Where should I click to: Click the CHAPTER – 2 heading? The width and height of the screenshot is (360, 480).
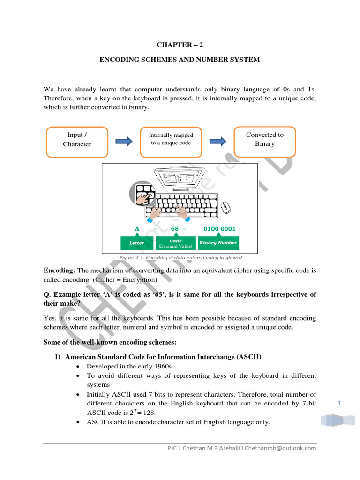[180, 45]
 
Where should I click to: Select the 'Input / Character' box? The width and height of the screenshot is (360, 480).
[77, 139]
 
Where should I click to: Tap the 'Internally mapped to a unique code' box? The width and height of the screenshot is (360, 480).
[171, 139]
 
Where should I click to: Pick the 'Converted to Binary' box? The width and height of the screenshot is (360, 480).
[265, 139]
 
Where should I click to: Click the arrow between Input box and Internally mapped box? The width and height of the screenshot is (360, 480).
[124, 142]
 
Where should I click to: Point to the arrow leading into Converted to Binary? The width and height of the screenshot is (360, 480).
[218, 142]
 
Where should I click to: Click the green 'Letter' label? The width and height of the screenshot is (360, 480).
[137, 243]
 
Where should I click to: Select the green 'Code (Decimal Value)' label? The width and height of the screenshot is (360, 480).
[175, 243]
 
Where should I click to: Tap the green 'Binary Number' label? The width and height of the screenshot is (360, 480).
[218, 243]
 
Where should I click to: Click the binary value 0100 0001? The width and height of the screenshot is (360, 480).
[219, 229]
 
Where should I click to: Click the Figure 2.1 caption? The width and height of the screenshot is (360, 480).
[180, 258]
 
